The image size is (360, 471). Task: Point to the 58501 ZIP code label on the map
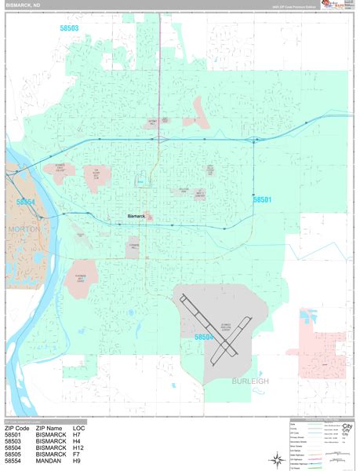pyautogui.click(x=262, y=200)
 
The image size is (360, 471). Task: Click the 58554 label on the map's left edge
pyautogui.click(x=25, y=203)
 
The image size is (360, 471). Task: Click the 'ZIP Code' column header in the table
pyautogui.click(x=20, y=429)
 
